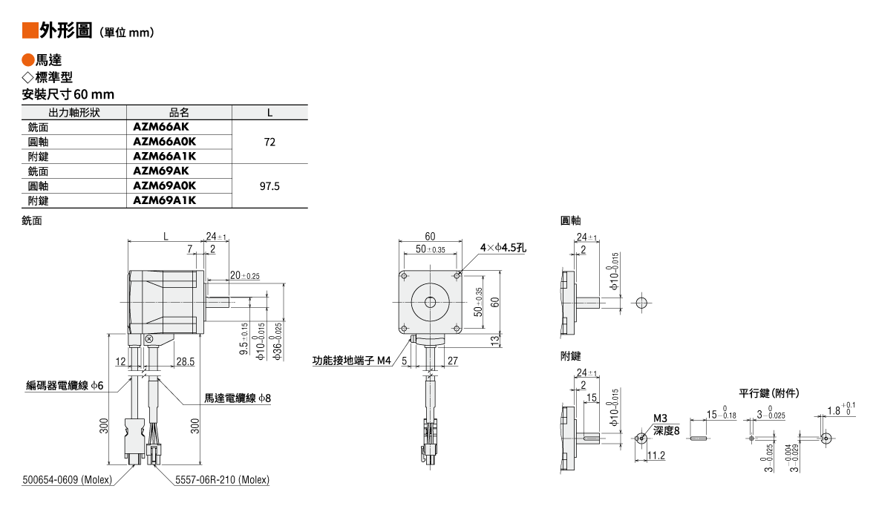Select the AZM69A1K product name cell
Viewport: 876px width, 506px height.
pos(164,200)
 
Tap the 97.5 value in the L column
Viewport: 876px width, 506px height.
pos(269,186)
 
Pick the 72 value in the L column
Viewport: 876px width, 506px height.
pos(269,142)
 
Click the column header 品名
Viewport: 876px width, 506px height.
pos(179,113)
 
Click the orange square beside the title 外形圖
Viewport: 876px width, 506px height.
pos(30,30)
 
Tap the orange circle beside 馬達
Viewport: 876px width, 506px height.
pos(28,61)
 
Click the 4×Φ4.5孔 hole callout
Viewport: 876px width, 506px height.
pos(503,248)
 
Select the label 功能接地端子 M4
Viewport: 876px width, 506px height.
pos(351,361)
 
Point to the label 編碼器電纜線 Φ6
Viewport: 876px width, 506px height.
pos(65,385)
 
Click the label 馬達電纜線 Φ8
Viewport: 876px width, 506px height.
pos(238,398)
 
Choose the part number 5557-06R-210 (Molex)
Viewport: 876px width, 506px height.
pos(222,480)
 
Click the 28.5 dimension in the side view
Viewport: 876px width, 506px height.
pos(186,361)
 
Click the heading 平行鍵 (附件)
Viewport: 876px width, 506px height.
pos(769,392)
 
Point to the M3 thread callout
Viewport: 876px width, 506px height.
pos(661,418)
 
